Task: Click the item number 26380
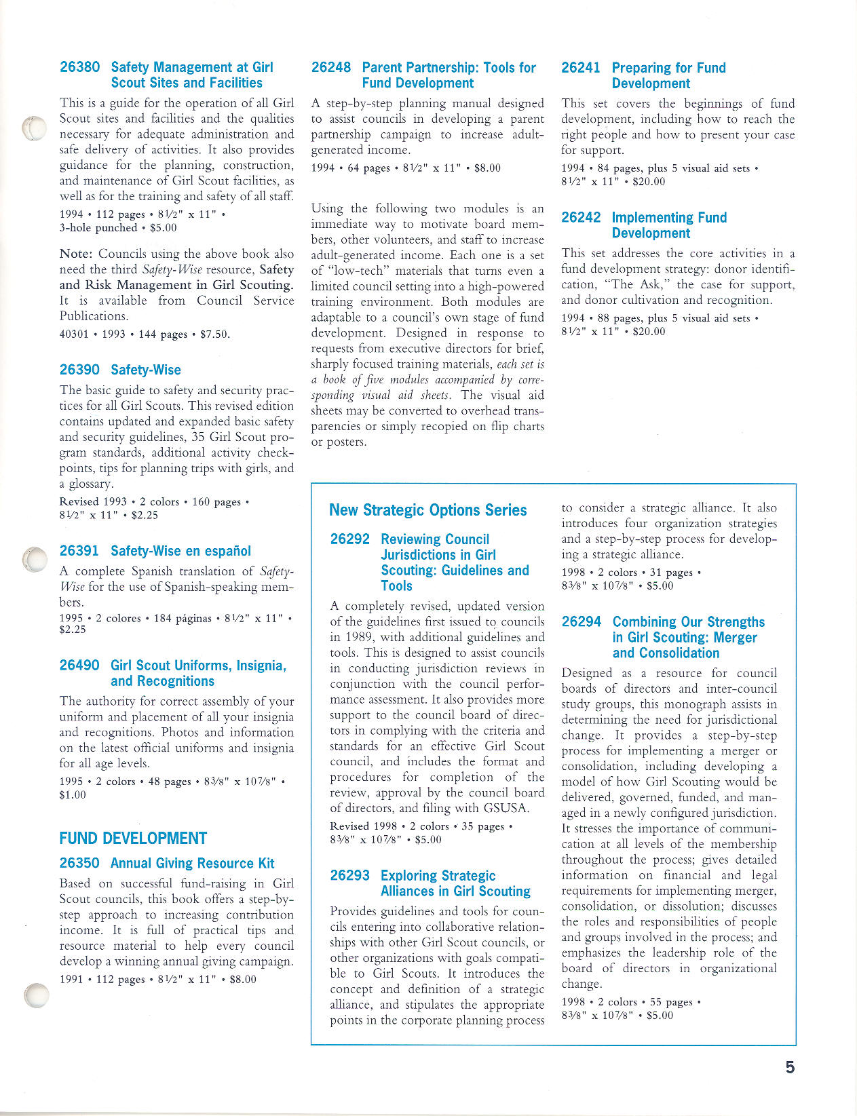click(79, 67)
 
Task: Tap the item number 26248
click(331, 67)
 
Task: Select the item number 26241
click(581, 68)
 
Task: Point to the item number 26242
click(581, 217)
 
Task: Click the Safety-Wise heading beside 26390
click(146, 370)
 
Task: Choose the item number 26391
click(79, 551)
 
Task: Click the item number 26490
click(79, 666)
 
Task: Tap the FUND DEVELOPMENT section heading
click(133, 839)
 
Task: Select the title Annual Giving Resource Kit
click(192, 863)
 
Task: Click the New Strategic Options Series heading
click(427, 510)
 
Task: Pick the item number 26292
click(350, 539)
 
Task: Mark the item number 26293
click(350, 875)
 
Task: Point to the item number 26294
click(582, 622)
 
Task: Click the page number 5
click(790, 1067)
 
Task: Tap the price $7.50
click(215, 334)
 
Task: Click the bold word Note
click(75, 254)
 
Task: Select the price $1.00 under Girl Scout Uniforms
click(73, 794)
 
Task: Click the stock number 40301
click(74, 334)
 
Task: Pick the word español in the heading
click(225, 551)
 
